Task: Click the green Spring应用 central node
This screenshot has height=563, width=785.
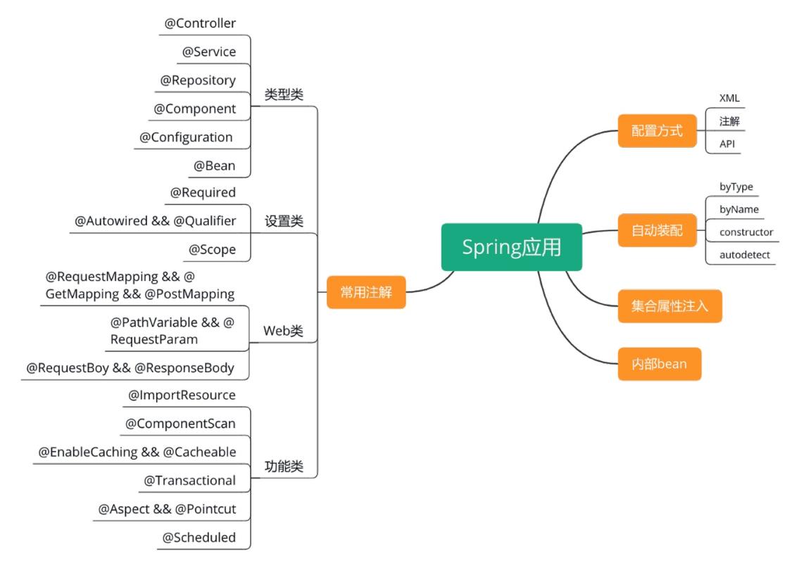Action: (x=512, y=247)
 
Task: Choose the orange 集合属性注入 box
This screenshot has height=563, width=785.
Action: (x=670, y=306)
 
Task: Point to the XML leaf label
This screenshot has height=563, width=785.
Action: (x=729, y=99)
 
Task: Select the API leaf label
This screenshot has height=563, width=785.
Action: (x=727, y=144)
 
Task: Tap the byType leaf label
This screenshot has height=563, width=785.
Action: (x=736, y=187)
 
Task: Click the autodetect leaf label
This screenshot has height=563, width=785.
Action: (x=744, y=255)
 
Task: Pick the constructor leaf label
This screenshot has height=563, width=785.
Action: (x=746, y=232)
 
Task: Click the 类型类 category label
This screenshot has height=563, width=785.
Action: (x=284, y=94)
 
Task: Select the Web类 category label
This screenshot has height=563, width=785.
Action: (x=283, y=331)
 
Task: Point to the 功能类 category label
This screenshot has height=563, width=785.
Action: (x=284, y=466)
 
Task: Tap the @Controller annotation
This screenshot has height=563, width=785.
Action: (x=200, y=23)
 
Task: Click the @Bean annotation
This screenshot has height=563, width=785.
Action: (x=215, y=166)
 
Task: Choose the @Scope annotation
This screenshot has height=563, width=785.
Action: (x=212, y=250)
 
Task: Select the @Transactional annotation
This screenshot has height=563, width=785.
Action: (x=189, y=481)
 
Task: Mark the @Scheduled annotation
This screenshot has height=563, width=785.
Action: (x=199, y=538)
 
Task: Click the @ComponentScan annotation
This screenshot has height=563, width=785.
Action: (x=180, y=424)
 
